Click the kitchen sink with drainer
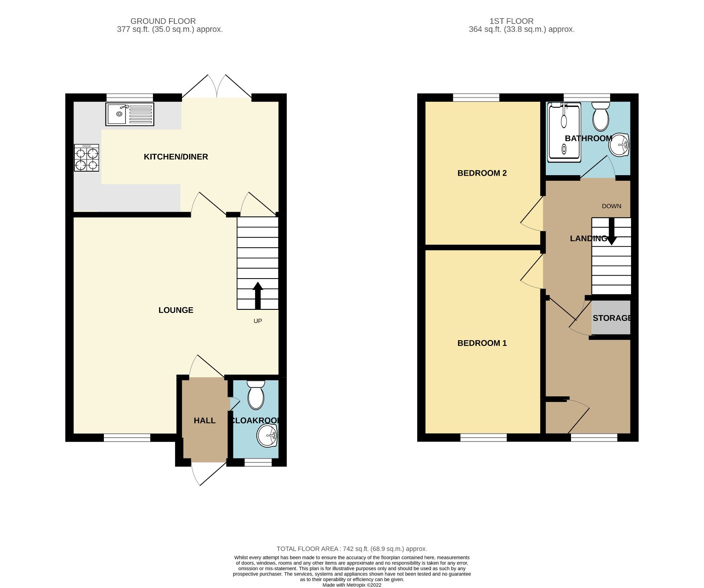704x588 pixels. pos(130,114)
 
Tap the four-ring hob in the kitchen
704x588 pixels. pos(86,158)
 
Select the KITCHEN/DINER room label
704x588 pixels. pos(176,157)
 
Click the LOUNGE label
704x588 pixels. pos(176,310)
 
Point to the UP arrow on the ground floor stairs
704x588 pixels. pos(258,295)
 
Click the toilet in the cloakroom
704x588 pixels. pos(256,395)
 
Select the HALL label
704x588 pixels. pos(204,421)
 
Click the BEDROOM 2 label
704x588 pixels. pos(482,173)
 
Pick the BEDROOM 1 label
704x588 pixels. pos(482,343)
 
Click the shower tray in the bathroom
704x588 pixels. pos(564,132)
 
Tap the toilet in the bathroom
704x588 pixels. pos(601,116)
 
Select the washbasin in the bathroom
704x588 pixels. pos(619,145)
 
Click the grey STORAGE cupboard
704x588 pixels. pos(611,318)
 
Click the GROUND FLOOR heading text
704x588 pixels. pos(163,21)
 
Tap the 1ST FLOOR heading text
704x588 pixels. pos(511,21)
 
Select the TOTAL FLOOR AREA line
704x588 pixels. pos(352,549)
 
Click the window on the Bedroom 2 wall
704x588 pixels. pos(476,97)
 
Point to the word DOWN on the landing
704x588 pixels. pos(611,206)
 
